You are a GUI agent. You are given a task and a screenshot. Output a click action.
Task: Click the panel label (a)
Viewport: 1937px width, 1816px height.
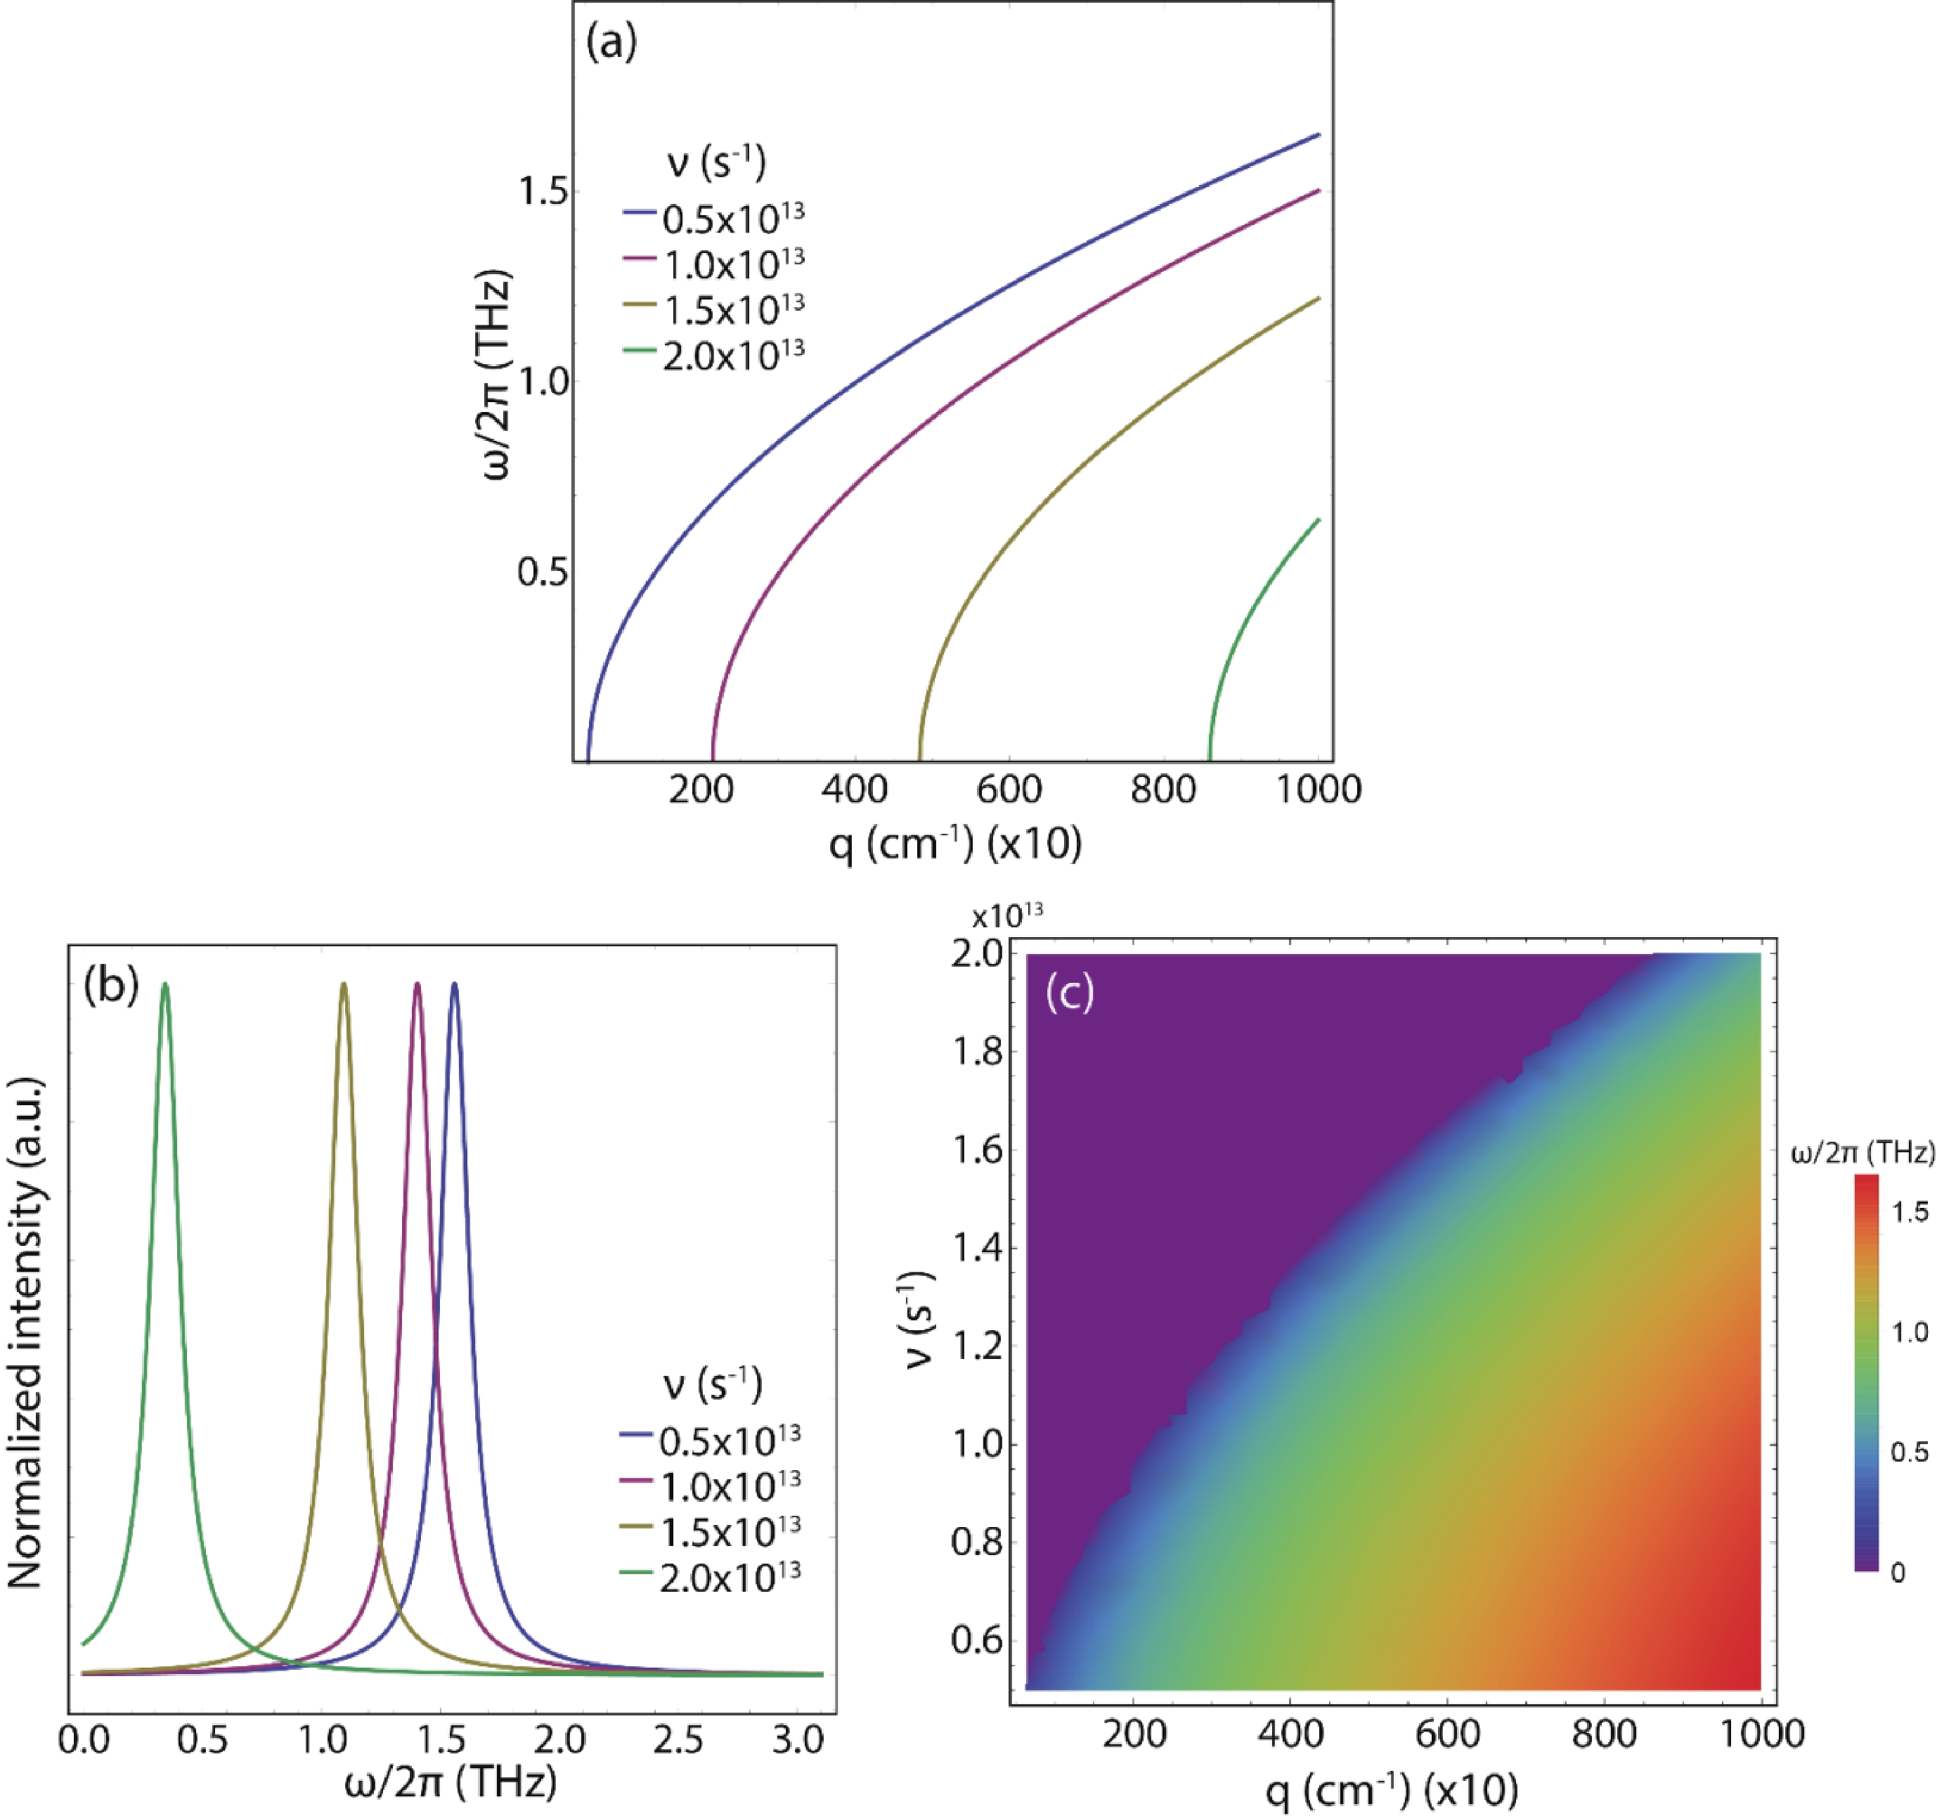(611, 44)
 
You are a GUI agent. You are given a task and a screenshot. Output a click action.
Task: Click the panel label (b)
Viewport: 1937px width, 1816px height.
(111, 986)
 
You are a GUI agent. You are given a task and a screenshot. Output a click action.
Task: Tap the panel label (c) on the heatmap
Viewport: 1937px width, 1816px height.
(1070, 992)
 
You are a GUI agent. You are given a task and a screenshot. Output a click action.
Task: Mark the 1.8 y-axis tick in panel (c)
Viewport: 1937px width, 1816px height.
(976, 1052)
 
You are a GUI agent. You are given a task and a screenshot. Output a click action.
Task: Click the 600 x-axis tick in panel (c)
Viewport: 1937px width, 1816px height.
(1447, 1733)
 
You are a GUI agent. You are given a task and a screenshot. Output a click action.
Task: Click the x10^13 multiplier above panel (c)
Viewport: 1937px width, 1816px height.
(1006, 915)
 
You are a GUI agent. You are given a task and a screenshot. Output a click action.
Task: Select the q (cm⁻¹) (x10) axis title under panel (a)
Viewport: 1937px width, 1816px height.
(955, 842)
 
